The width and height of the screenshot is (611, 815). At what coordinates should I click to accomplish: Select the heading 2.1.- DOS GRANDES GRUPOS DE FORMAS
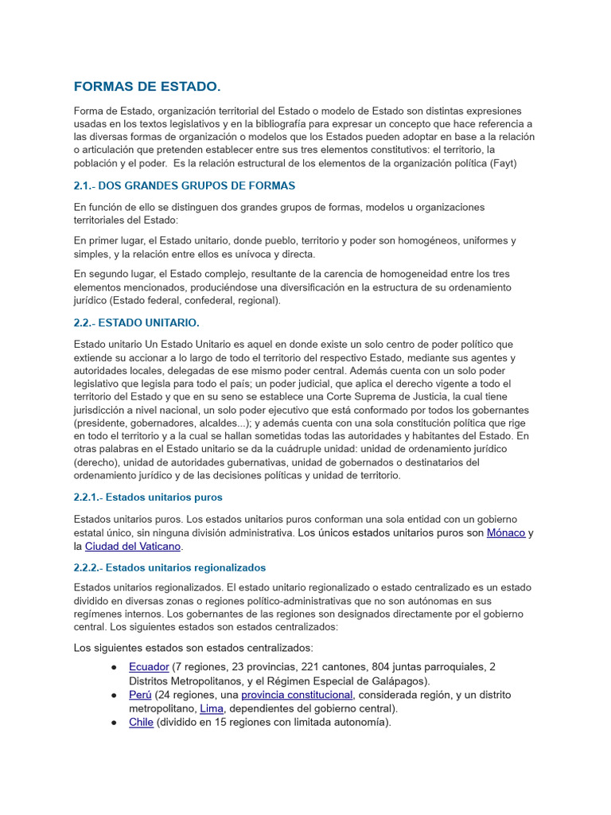pos(184,185)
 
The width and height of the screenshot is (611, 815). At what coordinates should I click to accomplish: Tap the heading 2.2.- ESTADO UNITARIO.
pos(136,322)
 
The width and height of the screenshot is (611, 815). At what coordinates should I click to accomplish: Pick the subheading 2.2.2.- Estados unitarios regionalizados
pos(169,567)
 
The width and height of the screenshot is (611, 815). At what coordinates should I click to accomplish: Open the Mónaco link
pos(505,532)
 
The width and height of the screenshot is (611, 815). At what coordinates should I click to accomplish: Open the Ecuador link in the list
pos(149,667)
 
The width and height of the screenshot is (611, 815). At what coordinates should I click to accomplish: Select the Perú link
pos(140,695)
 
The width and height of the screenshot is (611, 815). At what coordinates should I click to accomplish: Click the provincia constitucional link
pos(297,695)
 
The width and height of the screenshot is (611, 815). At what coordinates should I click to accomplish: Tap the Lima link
pos(212,708)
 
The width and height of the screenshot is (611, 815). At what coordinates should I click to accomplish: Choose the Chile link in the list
pos(141,723)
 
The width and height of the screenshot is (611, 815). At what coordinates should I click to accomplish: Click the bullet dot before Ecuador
pos(115,667)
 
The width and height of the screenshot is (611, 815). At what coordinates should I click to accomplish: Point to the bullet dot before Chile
pos(115,723)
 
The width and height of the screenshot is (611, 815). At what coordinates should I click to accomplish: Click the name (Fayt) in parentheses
pos(501,164)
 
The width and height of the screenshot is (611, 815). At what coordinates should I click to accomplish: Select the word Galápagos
pos(398,680)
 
